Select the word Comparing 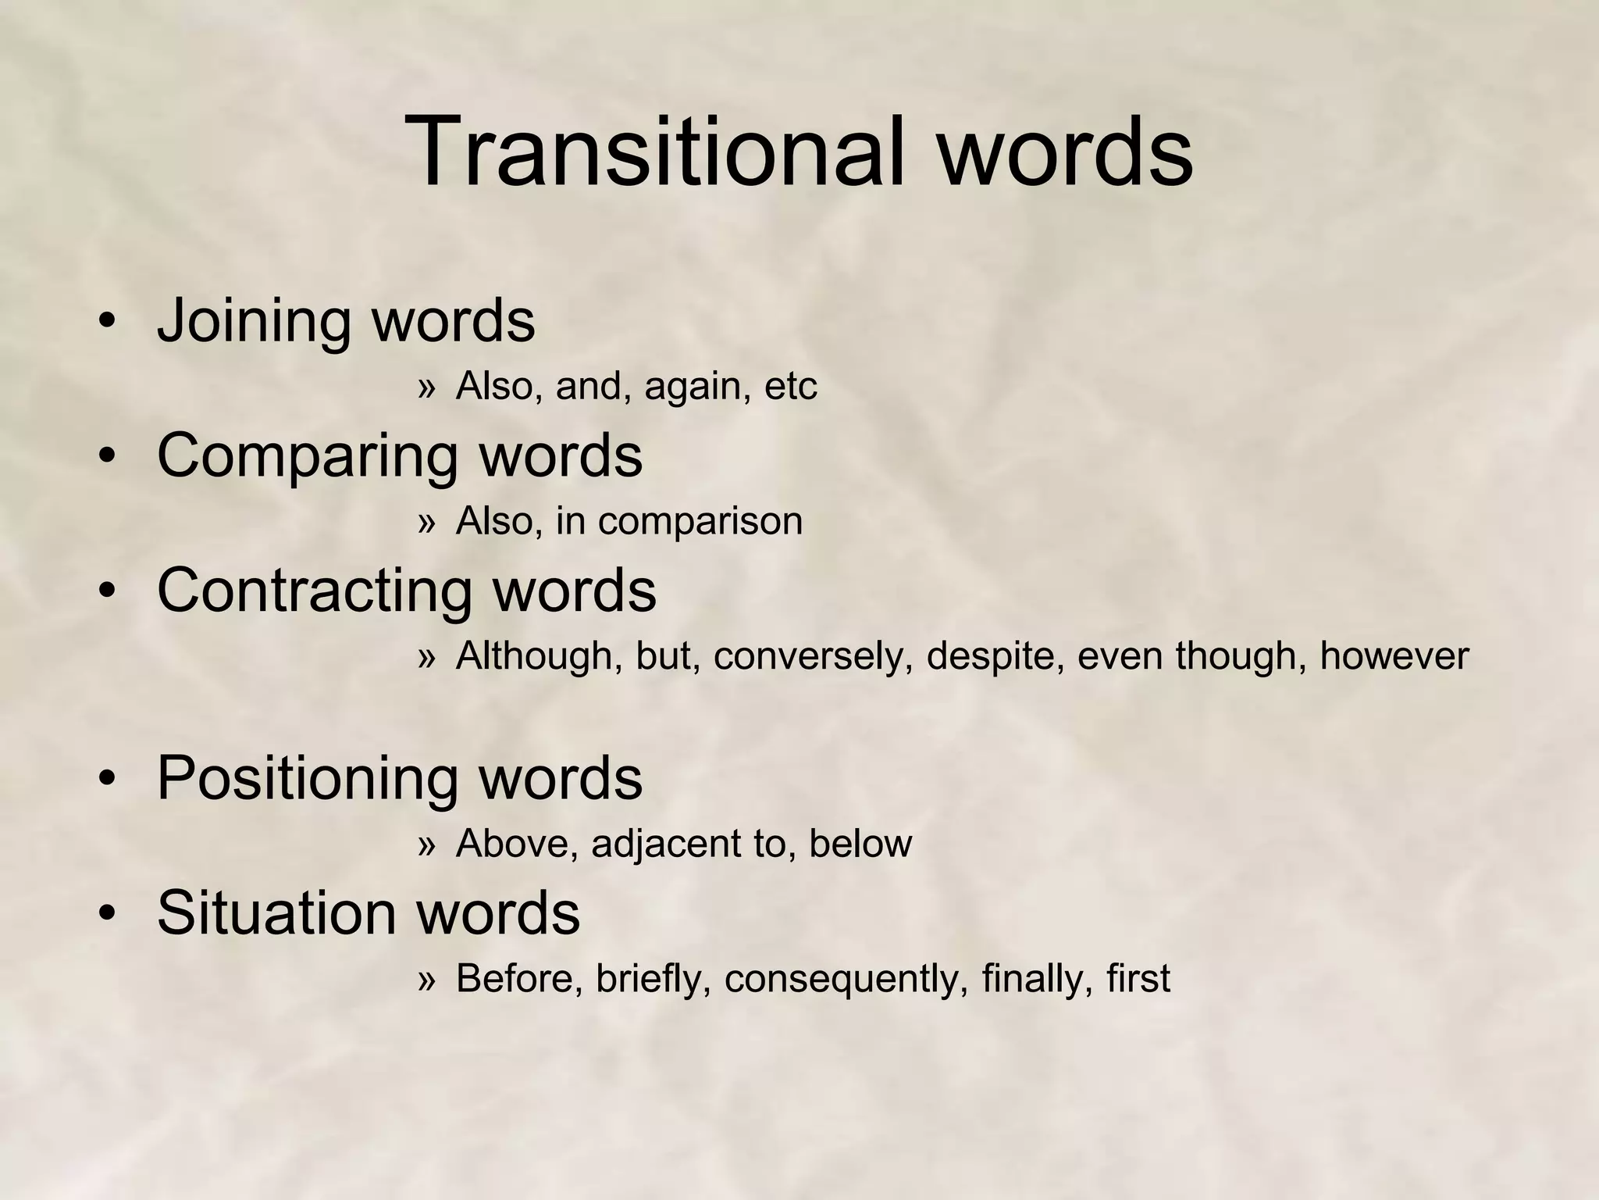pyautogui.click(x=307, y=456)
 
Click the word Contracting pyautogui.click(x=314, y=590)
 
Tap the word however pyautogui.click(x=1394, y=656)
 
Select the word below pyautogui.click(x=860, y=844)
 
